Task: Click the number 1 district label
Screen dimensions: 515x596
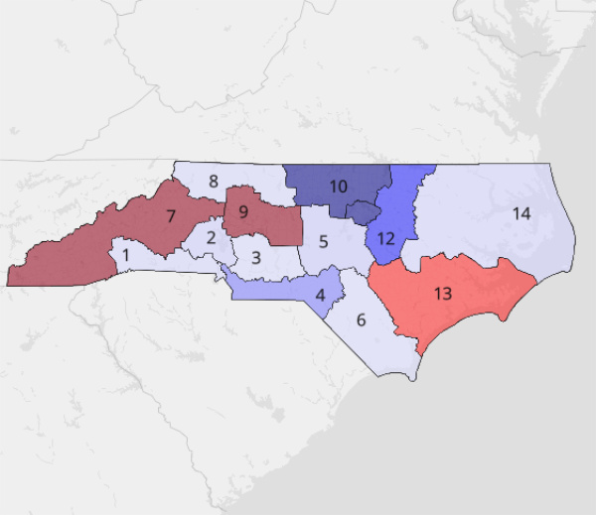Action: coord(126,255)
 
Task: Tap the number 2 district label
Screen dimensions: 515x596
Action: coord(212,238)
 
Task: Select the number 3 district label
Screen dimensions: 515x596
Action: coord(255,258)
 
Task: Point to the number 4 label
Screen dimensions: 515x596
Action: coord(321,295)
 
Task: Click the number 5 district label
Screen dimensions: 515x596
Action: coord(324,241)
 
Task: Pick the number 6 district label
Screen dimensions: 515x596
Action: coord(361,320)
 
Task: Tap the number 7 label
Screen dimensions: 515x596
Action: coord(171,214)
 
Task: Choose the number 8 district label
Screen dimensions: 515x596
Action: coord(213,181)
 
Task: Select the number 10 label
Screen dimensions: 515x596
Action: coord(338,186)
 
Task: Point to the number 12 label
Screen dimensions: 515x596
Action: coord(386,238)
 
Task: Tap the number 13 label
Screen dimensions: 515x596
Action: coord(443,293)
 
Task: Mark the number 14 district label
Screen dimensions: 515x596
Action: coord(521,212)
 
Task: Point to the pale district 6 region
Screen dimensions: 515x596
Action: coord(382,342)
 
